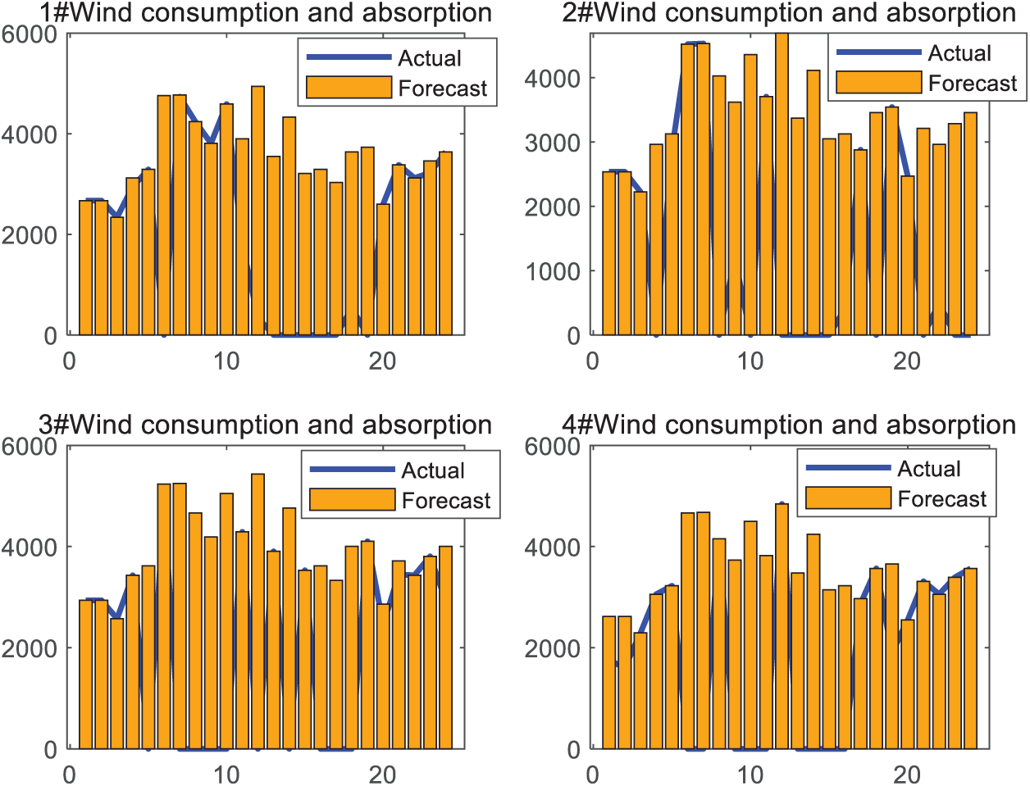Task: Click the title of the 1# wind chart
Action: click(266, 14)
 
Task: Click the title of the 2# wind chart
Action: click(789, 13)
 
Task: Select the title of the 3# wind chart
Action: click(266, 425)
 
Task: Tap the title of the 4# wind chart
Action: click(789, 425)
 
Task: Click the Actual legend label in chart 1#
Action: click(430, 59)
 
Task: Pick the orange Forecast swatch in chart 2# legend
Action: click(878, 83)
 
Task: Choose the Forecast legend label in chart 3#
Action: click(446, 500)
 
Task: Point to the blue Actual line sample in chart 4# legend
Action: click(848, 468)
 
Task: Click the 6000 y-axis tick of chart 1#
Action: click(30, 34)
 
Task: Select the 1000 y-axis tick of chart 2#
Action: click(554, 271)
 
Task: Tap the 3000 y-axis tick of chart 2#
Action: click(554, 143)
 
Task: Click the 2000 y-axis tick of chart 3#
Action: click(30, 648)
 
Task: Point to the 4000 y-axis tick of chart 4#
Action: click(554, 547)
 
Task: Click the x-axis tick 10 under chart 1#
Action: click(226, 361)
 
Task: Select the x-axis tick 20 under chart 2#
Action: click(907, 361)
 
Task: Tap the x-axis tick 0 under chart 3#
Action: click(70, 774)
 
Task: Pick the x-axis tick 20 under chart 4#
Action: click(907, 774)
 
